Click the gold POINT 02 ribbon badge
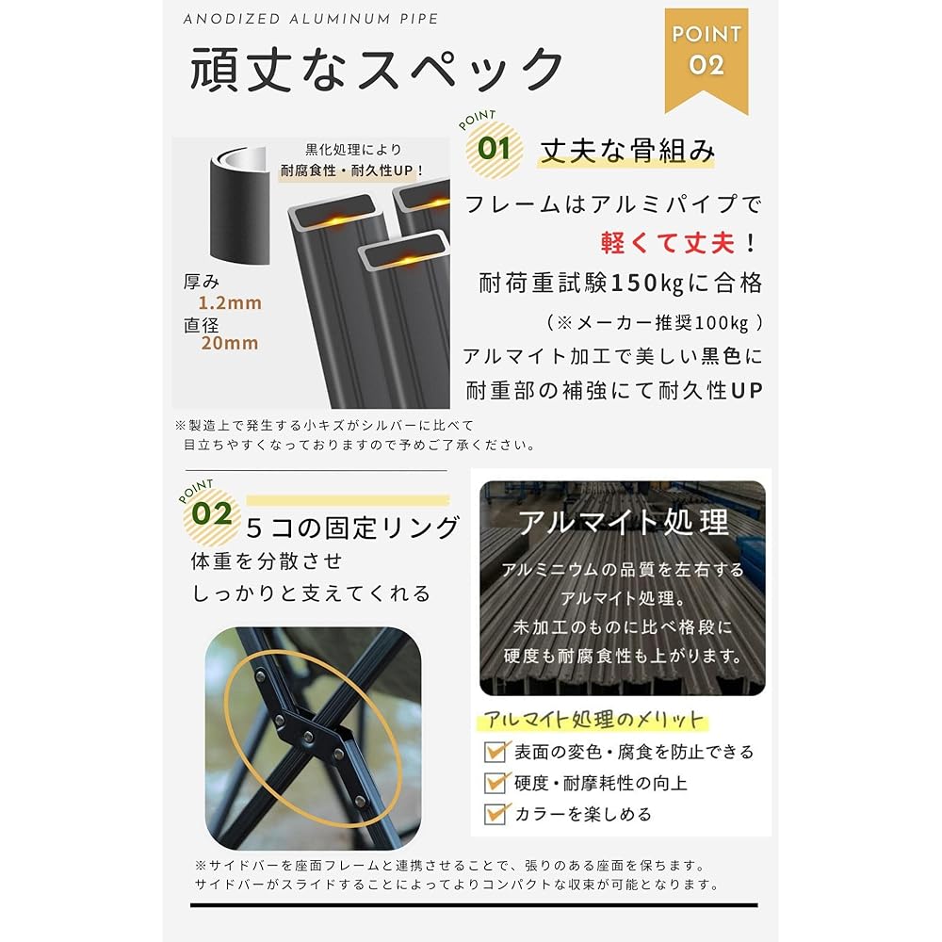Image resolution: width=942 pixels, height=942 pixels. (706, 58)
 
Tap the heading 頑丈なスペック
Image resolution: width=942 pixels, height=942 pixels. (377, 70)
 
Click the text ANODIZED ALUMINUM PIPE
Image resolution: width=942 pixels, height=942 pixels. (311, 19)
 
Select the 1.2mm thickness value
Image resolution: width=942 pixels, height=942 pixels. (230, 302)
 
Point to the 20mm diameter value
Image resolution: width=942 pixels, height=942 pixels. (230, 343)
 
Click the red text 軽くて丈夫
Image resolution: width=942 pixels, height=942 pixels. (668, 243)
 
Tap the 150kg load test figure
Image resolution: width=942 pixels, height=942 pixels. (646, 283)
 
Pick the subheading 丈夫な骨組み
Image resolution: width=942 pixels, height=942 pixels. (627, 150)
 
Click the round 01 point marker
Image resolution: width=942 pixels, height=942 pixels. (494, 149)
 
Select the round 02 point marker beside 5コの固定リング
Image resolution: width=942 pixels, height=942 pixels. (212, 515)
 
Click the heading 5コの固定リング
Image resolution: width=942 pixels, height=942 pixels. (353, 528)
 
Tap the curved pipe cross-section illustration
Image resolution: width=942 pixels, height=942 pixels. (239, 204)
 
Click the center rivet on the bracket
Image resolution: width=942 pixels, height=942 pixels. (308, 736)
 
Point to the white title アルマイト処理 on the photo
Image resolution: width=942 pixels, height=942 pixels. (624, 522)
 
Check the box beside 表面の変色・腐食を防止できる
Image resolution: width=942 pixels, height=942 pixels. (495, 751)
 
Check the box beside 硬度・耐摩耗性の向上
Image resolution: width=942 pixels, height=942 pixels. (495, 782)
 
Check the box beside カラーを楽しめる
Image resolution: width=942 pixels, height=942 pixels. (495, 814)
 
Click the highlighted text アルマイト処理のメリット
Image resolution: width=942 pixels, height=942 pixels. (593, 719)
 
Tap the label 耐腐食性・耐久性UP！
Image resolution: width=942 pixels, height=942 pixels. (352, 171)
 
